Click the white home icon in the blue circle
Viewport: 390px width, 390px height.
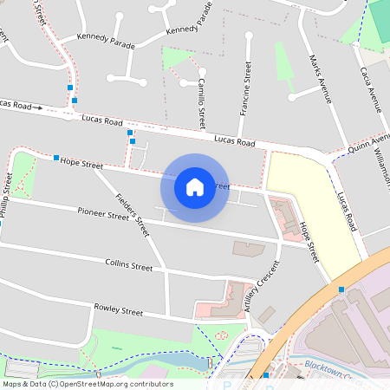(195, 186)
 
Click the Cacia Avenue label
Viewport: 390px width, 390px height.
(369, 88)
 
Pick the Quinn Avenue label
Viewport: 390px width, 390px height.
(368, 143)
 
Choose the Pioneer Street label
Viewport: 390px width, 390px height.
(103, 212)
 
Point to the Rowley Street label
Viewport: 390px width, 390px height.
(118, 310)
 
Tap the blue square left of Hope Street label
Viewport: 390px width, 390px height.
(56, 158)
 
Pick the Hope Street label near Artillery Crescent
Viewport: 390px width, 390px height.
(309, 242)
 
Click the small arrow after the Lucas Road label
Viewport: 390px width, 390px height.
(38, 107)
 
